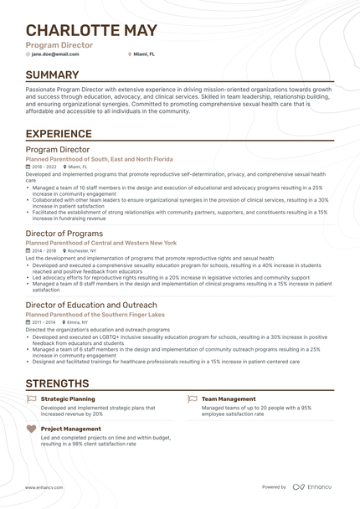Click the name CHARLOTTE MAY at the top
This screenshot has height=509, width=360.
click(91, 30)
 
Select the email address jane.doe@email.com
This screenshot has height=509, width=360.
click(55, 54)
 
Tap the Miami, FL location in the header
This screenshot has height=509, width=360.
click(145, 54)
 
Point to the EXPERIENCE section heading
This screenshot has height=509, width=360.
click(59, 133)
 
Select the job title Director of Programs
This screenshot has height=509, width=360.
click(64, 234)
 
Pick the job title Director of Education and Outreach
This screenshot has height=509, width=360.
click(91, 305)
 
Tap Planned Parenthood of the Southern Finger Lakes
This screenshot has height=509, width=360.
click(95, 314)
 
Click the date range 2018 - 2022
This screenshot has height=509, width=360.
click(44, 167)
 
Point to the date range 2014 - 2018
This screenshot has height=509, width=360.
click(44, 250)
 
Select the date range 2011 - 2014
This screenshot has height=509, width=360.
click(44, 321)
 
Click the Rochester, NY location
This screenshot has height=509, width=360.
click(81, 250)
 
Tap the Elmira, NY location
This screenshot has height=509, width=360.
click(79, 321)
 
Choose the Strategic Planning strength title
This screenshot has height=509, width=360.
click(67, 398)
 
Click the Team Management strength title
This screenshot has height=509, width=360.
click(229, 398)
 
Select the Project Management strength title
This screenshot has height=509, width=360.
click(70, 429)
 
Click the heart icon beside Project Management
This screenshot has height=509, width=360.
click(32, 429)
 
